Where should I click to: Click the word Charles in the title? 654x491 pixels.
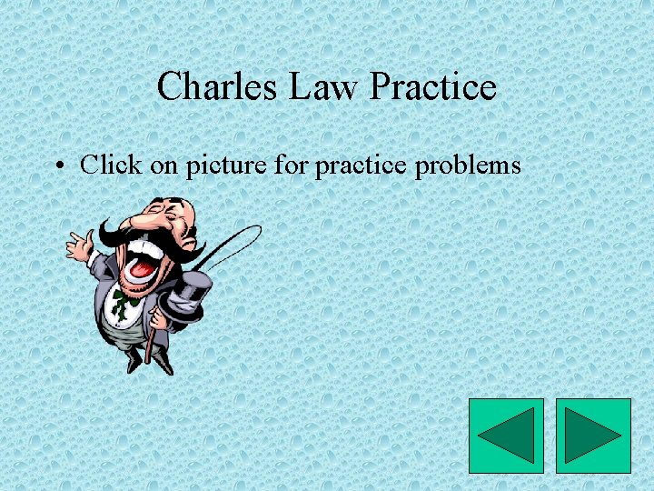click(217, 87)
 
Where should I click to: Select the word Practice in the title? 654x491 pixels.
click(434, 87)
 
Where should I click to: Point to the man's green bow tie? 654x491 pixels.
click(119, 303)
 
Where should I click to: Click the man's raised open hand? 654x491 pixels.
click(80, 244)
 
